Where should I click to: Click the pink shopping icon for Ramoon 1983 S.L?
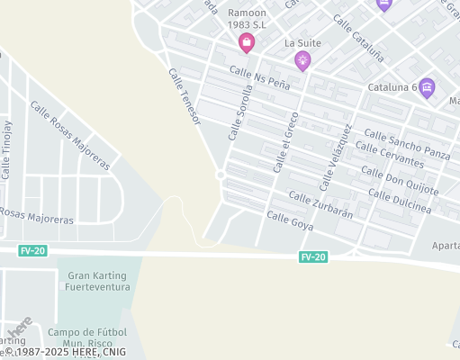click(246, 42)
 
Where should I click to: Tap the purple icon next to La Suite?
click(302, 61)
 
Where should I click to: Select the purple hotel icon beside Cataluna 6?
click(427, 87)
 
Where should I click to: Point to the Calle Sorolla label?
click(241, 112)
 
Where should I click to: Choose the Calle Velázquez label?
click(334, 155)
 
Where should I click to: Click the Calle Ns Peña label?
click(259, 77)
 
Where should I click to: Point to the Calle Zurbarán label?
click(320, 204)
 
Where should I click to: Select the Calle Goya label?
click(290, 220)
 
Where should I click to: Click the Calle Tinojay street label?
click(7, 148)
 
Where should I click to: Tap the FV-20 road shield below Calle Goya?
click(313, 257)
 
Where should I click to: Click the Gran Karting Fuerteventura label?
click(98, 281)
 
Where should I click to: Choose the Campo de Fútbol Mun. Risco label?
click(90, 337)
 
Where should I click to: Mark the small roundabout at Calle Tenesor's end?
click(221, 174)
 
